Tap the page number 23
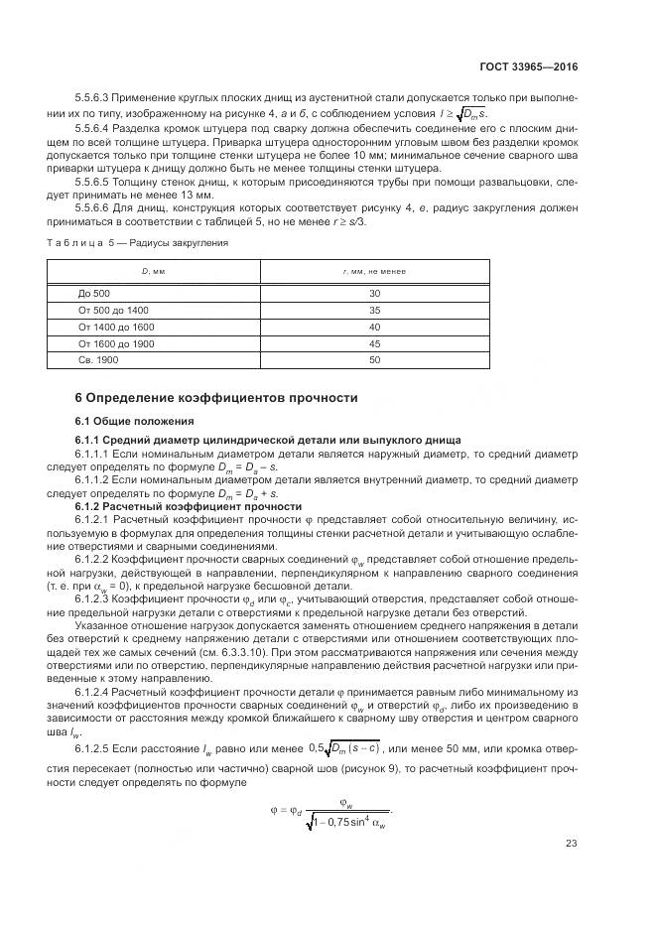tap(572, 844)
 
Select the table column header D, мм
tap(152, 271)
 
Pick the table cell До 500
tap(94, 294)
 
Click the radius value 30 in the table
tap(374, 294)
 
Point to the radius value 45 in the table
tap(374, 343)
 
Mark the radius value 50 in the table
tap(374, 359)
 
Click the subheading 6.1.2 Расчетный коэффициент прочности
tap(189, 506)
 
